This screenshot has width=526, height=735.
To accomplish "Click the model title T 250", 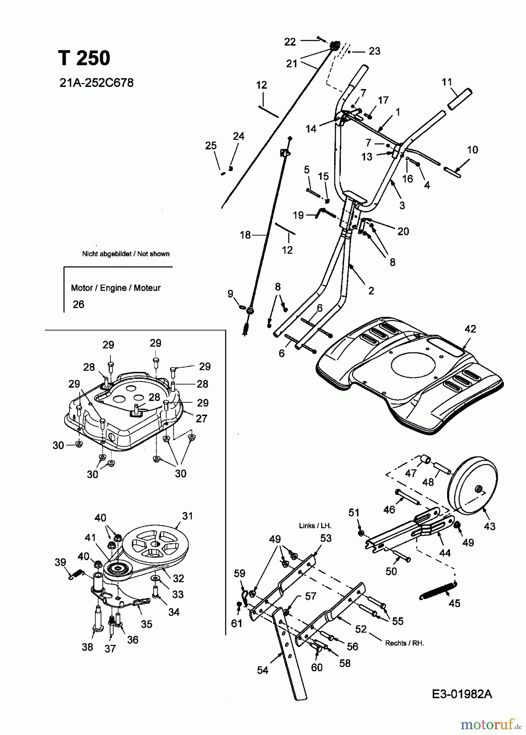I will pos(84,58).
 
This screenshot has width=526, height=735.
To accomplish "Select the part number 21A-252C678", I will pos(96,83).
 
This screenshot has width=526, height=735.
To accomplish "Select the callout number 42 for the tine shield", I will pos(470,329).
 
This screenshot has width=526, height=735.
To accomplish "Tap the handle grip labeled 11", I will pos(460,98).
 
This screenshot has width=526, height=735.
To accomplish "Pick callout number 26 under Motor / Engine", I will pos(78,305).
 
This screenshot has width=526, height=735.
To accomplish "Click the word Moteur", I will pos(147,288).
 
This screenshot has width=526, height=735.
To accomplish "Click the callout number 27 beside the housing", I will pos(201,419).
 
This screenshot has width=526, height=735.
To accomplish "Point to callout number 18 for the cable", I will pos(245,235).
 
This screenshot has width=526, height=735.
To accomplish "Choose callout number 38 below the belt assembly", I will pos(87,647).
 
